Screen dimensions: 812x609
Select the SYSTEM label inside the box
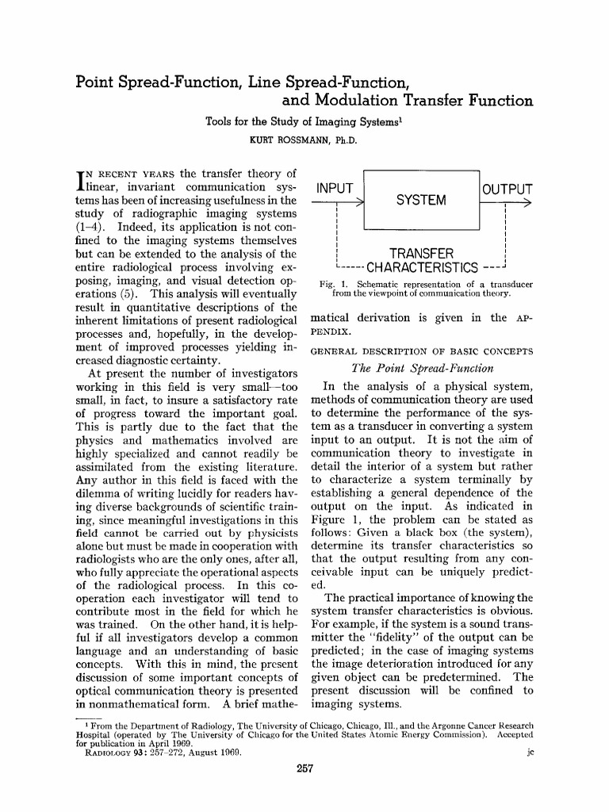coord(421,200)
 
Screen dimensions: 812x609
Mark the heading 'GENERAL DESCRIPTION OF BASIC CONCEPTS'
coord(421,350)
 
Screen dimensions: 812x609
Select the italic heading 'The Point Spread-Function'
coord(421,368)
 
